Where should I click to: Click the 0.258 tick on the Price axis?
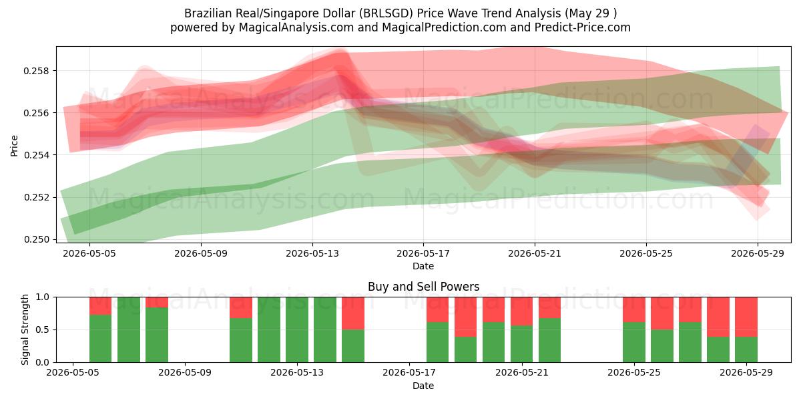coord(36,71)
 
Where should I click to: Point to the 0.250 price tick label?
coord(36,239)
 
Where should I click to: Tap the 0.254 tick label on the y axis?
coord(36,155)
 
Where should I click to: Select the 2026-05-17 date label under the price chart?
coord(423,253)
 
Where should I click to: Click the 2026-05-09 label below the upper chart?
coord(201,253)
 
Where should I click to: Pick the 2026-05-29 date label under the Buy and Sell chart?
coord(746,372)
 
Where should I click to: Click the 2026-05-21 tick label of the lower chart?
coord(522,372)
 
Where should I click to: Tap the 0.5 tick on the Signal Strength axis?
coord(43,329)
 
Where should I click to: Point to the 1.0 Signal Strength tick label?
coord(43,297)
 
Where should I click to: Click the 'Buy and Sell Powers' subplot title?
coord(423,287)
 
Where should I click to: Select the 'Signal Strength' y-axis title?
coord(25,329)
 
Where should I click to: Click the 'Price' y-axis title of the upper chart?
coord(14,146)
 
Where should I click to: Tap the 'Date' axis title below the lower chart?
coord(423,386)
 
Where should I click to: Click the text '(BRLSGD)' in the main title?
coord(386,13)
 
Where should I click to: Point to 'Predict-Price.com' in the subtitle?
coord(583,27)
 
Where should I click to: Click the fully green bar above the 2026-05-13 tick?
coord(297,329)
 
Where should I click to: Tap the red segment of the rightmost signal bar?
coord(746,317)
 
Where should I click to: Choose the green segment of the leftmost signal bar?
coord(101,338)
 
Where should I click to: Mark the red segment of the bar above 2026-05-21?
coord(522,311)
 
